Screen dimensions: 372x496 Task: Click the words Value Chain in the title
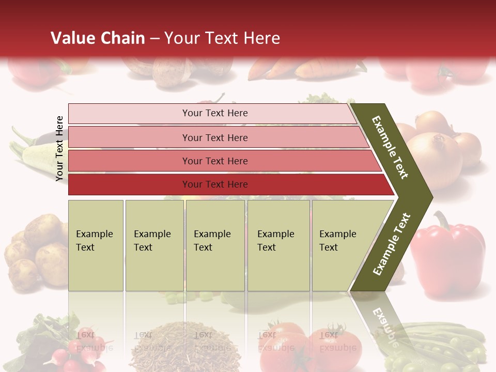[98, 38]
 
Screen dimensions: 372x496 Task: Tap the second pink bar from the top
[214, 137]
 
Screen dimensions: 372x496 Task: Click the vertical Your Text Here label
[59, 148]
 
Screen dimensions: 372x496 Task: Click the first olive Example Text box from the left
[96, 245]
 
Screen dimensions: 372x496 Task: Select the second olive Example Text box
[154, 245]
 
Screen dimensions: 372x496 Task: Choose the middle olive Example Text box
[214, 245]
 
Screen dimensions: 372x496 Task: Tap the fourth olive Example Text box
[278, 245]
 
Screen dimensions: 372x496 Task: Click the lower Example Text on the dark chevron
[392, 244]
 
